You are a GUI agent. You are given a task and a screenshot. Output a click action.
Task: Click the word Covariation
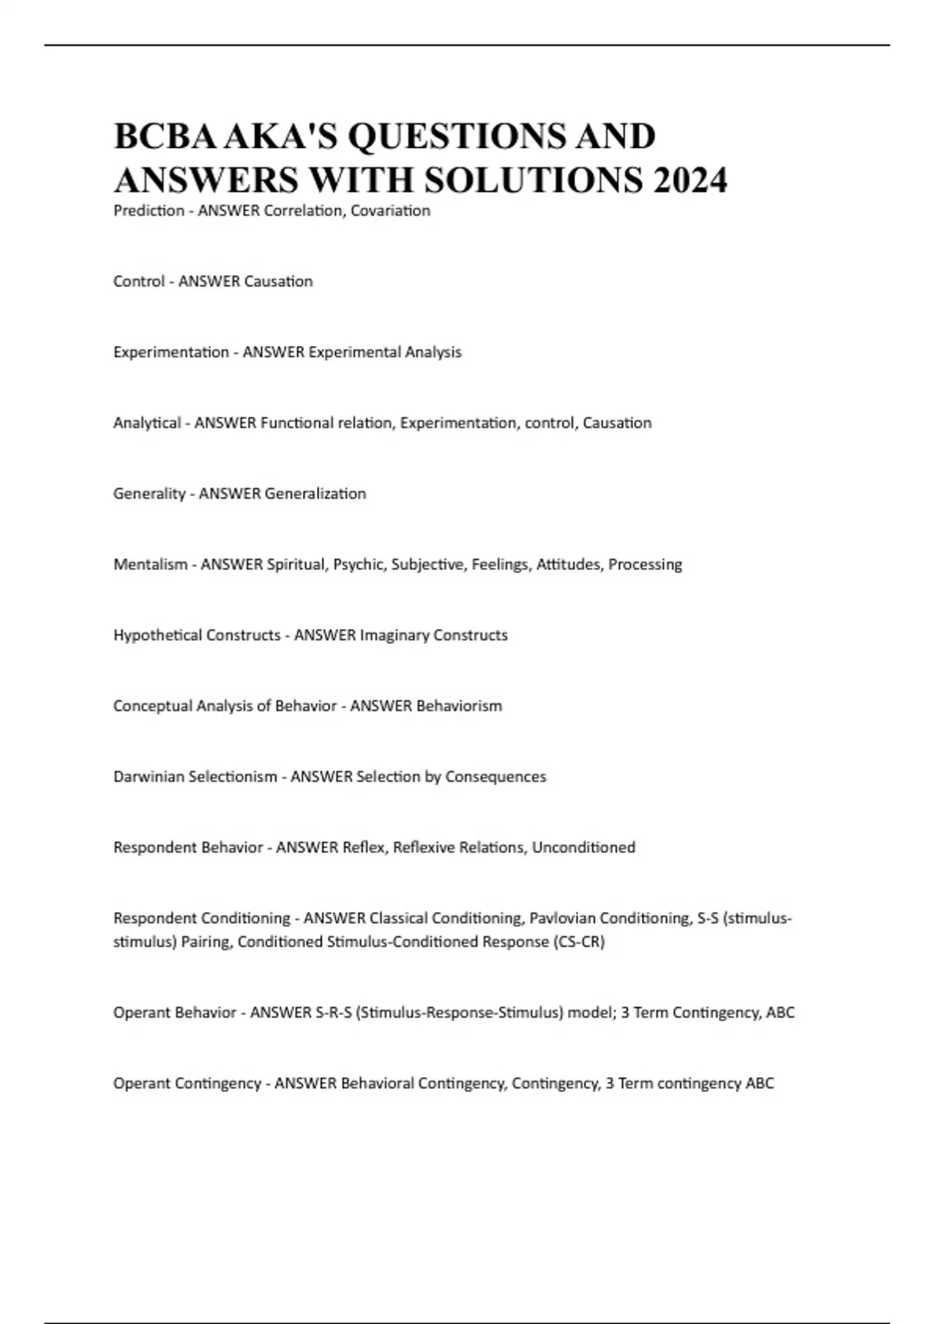pyautogui.click(x=390, y=210)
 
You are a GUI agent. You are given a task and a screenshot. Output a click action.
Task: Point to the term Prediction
pyautogui.click(x=149, y=210)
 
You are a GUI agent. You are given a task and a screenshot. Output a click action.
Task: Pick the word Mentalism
pyautogui.click(x=150, y=564)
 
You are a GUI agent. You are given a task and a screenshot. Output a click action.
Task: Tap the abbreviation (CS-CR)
pyautogui.click(x=579, y=942)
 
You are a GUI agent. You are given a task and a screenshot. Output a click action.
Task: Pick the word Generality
pyautogui.click(x=149, y=493)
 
